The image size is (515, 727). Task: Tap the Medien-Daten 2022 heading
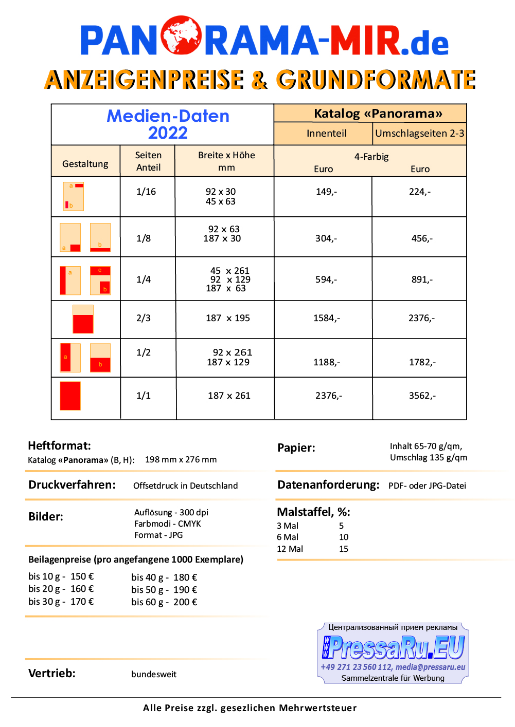[x=168, y=124]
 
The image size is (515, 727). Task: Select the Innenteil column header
[x=326, y=134]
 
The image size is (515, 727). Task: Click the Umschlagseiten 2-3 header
[x=419, y=134]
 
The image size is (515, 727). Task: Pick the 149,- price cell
[x=326, y=192]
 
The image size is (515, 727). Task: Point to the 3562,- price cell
[x=422, y=396]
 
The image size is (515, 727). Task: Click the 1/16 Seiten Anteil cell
[x=146, y=192]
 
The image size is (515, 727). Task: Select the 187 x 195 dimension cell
[x=228, y=318]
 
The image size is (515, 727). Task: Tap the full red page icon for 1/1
[x=70, y=396]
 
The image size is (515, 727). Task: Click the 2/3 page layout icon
[x=83, y=319]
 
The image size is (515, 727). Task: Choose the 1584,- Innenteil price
[x=326, y=318]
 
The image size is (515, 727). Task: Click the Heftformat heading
[x=59, y=445]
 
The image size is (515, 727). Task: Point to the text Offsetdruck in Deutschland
[x=185, y=486]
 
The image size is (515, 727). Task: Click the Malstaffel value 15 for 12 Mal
[x=344, y=549]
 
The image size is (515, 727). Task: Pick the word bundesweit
[x=154, y=674]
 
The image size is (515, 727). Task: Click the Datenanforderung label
[x=328, y=485]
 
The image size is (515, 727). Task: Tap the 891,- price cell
[x=422, y=279]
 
